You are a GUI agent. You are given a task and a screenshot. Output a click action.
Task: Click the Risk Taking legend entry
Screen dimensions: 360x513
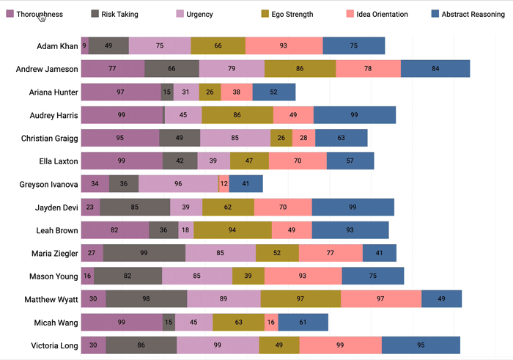coord(119,14)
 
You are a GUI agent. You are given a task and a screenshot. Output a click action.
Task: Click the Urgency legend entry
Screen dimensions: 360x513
coord(199,14)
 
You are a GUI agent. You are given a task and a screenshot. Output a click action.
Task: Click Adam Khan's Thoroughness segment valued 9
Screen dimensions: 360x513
coord(84,45)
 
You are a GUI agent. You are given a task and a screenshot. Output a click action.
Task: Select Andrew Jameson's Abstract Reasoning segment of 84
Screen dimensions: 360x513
coord(435,69)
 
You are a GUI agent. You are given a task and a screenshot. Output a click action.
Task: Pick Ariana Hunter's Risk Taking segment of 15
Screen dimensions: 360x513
coord(168,92)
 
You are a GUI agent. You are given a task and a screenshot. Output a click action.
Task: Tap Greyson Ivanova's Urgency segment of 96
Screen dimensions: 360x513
coord(178,184)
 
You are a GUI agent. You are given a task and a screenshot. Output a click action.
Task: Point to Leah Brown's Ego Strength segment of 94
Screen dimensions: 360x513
coord(232,230)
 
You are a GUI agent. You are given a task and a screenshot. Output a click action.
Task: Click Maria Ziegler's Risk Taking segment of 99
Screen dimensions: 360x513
coord(144,253)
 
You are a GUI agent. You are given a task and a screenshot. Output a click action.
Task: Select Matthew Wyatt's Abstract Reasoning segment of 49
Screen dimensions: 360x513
coord(442,299)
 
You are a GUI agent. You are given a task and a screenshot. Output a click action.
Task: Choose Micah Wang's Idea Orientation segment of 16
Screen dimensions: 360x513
coord(271,322)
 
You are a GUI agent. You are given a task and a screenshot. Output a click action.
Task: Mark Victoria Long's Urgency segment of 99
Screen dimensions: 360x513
coord(217,345)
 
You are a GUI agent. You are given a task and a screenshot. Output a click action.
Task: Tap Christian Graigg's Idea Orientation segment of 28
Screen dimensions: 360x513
coord(303,138)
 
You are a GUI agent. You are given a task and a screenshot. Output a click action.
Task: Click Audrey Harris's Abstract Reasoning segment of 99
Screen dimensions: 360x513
coord(355,115)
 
